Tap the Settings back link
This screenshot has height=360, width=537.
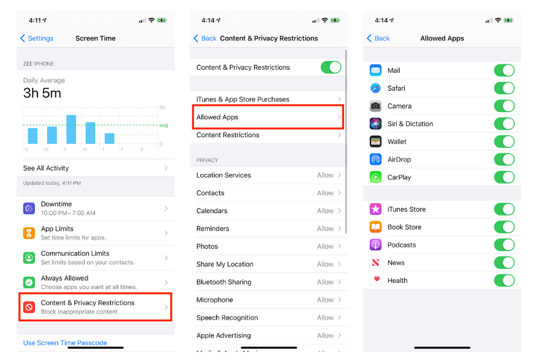[37, 39]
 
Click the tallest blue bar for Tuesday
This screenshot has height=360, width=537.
[71, 129]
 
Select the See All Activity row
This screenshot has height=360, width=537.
[95, 168]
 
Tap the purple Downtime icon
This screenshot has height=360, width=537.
[29, 208]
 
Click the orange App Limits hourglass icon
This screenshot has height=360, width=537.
[29, 233]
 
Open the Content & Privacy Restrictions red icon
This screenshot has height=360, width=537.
[29, 307]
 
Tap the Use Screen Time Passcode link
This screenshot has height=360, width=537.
[65, 343]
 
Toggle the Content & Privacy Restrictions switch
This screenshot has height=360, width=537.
[331, 67]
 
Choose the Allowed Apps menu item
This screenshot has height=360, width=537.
[217, 117]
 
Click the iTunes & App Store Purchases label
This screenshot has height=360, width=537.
[243, 99]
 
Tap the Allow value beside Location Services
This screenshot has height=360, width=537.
[325, 175]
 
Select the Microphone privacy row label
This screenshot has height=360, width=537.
[215, 300]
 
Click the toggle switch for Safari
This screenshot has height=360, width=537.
[504, 88]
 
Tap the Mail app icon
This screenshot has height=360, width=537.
[376, 70]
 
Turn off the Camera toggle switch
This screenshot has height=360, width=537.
[504, 106]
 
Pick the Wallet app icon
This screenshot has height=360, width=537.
[376, 141]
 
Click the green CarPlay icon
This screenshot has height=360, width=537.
[376, 177]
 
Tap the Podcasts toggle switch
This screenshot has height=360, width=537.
[504, 245]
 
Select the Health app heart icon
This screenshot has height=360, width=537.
[376, 280]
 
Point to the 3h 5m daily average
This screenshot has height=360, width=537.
[42, 93]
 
